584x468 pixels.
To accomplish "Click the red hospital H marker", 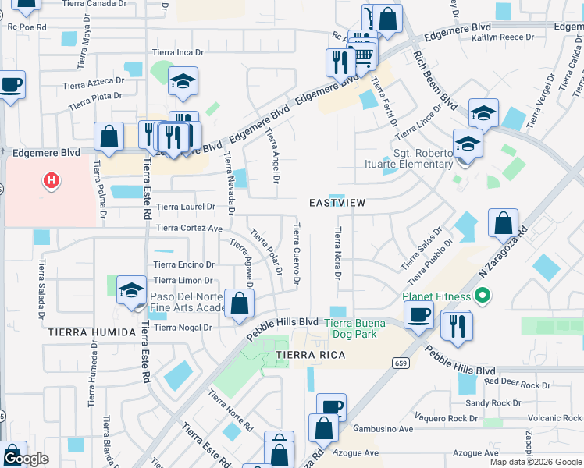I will coord(52,182).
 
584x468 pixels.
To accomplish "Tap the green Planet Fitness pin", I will coord(482,296).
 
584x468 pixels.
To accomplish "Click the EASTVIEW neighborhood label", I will coord(337,203).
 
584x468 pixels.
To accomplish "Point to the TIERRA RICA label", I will coord(310,355).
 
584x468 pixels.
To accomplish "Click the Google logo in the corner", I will coord(26,459).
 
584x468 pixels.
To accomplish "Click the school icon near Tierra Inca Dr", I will coord(183,80).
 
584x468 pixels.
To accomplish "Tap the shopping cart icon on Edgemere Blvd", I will coord(362,55).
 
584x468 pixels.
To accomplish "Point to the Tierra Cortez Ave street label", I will coord(190,228).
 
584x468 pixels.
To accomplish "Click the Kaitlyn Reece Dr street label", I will coord(503,37).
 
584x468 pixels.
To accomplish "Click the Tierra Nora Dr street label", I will coord(338,253).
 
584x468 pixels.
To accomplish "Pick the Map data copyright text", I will coord(536,461).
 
